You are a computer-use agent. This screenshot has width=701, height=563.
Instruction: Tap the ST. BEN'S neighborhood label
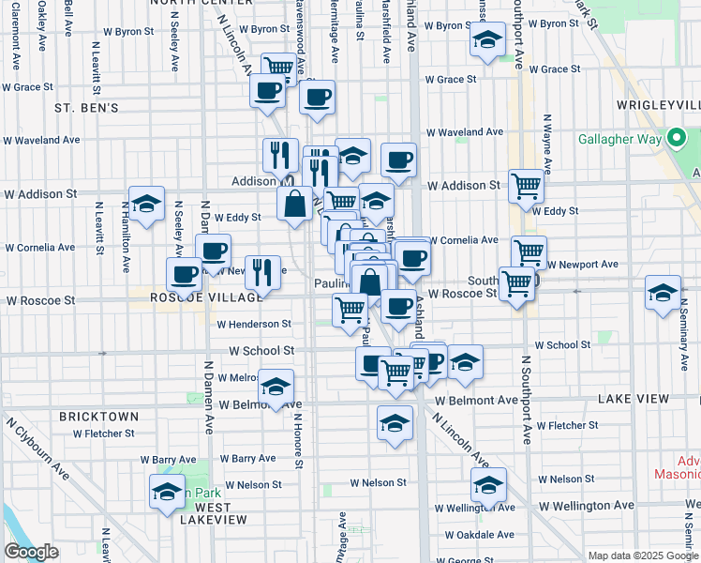click(86, 108)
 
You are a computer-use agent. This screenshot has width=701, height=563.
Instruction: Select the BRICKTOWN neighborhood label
click(98, 416)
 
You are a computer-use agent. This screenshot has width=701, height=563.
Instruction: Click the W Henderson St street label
click(254, 324)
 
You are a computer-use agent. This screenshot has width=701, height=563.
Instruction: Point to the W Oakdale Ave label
click(479, 535)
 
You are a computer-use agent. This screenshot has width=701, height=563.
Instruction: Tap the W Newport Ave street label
click(582, 265)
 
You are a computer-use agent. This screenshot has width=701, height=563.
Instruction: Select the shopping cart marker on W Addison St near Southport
click(527, 185)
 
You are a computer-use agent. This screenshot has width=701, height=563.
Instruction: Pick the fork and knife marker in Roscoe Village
click(263, 272)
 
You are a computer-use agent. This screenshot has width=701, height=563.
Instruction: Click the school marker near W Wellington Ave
click(487, 485)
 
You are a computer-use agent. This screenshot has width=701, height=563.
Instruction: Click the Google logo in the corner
click(32, 552)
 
